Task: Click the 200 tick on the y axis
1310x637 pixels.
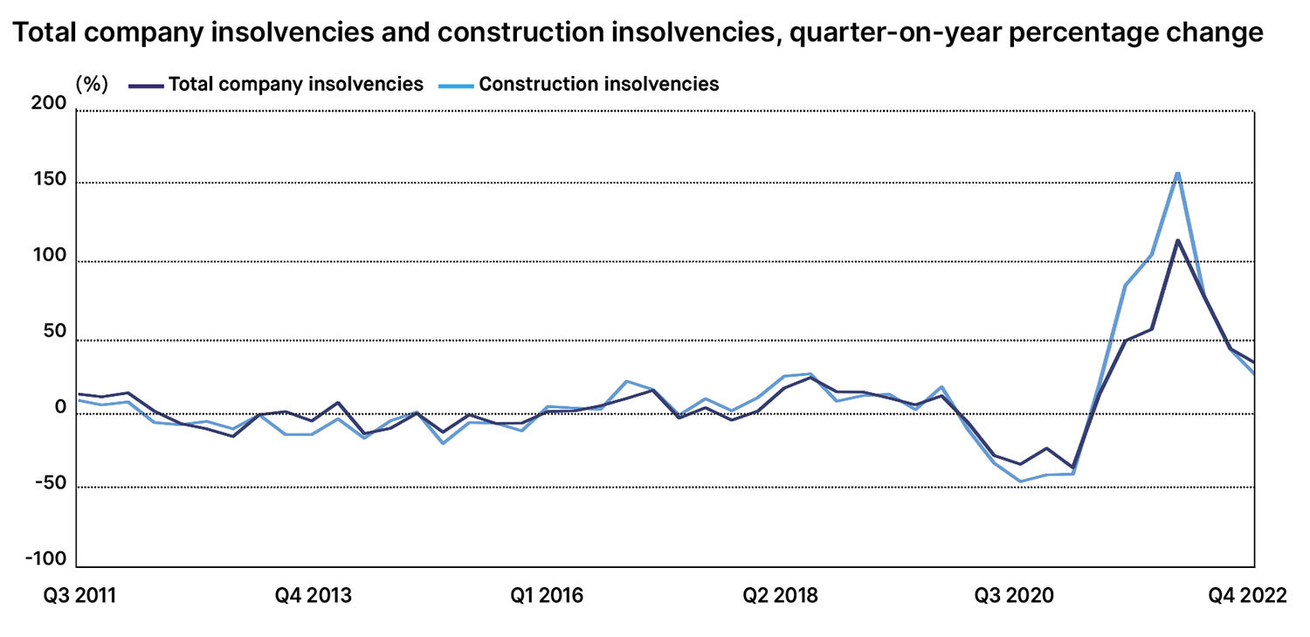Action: tap(50, 104)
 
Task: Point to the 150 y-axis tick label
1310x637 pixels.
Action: tap(50, 180)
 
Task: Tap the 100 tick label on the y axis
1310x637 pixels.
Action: tap(50, 260)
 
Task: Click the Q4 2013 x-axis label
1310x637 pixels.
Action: tap(314, 596)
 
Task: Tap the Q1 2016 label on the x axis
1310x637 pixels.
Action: tap(547, 596)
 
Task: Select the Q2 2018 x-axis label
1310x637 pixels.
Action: tap(781, 596)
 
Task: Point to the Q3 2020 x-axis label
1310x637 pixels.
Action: tap(1013, 596)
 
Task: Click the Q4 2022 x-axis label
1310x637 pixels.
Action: tap(1247, 596)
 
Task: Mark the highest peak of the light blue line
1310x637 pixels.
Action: tap(1177, 173)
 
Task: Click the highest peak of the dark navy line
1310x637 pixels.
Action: tap(1177, 240)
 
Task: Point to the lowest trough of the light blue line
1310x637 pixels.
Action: tap(1020, 481)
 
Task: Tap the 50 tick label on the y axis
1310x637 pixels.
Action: tap(54, 333)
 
